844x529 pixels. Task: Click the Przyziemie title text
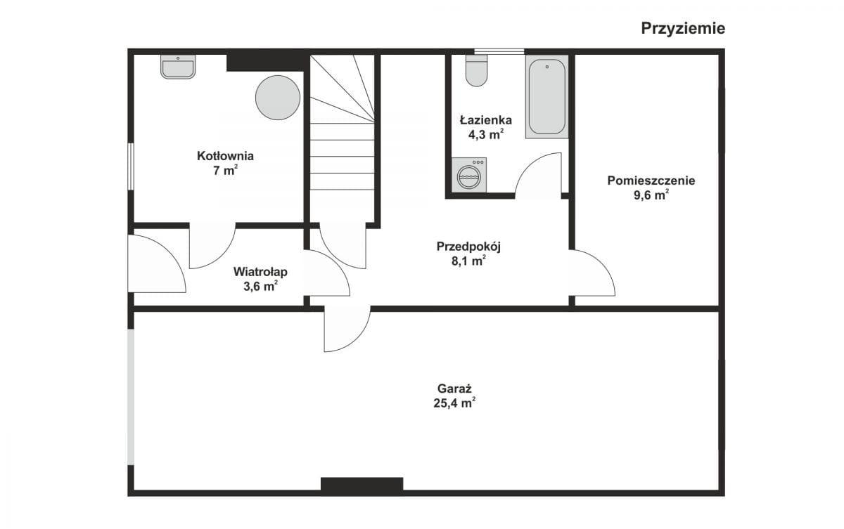pos(683,29)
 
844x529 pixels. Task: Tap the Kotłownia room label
pos(225,156)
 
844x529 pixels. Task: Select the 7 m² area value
pos(225,171)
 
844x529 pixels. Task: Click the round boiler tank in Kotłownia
pos(278,98)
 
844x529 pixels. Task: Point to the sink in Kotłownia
pos(178,67)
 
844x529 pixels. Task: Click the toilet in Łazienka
pos(477,71)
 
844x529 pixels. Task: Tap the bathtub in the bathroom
pos(547,97)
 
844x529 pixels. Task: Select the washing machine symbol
pos(469,175)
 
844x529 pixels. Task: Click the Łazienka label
pos(486,120)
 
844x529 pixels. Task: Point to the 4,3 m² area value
pos(486,134)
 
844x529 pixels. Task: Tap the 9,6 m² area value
pos(651,195)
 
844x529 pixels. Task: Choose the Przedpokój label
pos(468,247)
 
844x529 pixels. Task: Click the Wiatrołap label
pos(260,272)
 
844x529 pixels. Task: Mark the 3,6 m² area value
pos(260,287)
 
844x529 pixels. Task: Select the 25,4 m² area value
pos(454,403)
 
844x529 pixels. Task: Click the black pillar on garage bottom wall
pos(362,484)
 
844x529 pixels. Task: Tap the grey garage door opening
pos(131,397)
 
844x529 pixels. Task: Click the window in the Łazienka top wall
pos(499,51)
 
